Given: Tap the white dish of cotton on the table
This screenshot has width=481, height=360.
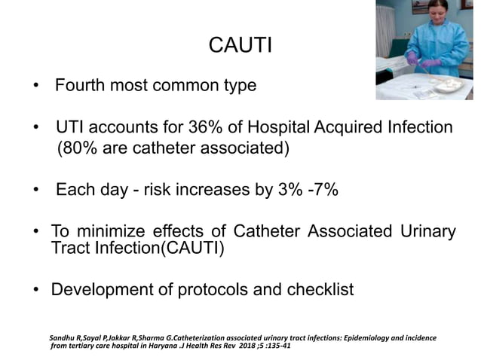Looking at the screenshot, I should (448, 84).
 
